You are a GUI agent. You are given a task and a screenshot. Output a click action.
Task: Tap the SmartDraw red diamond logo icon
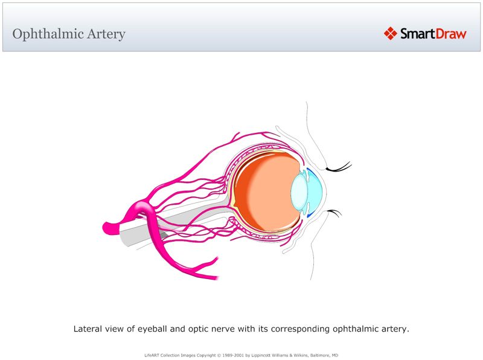(390, 33)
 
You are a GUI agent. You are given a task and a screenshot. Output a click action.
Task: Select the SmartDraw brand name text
(433, 33)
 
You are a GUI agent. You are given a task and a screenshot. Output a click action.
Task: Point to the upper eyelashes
(339, 165)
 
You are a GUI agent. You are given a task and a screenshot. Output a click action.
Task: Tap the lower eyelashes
(334, 212)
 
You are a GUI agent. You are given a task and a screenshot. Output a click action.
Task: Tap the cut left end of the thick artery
(108, 228)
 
